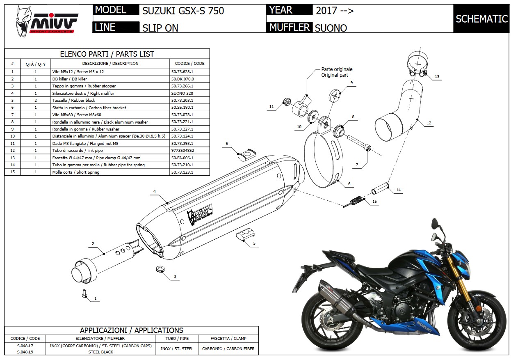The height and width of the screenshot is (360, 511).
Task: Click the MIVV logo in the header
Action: (x=46, y=20)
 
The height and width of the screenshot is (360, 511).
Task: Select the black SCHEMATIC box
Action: (x=481, y=19)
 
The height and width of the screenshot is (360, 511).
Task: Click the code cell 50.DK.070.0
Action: (x=183, y=79)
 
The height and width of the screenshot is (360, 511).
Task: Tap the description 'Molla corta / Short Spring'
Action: (x=76, y=172)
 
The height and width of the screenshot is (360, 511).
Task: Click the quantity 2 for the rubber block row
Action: (x=36, y=100)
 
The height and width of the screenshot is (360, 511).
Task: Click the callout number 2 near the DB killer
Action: (x=93, y=244)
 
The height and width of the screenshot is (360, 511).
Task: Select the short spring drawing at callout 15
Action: (x=354, y=202)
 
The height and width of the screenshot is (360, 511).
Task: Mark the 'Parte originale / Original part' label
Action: (x=336, y=72)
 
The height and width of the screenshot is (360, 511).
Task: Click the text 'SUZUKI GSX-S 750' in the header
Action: (x=183, y=11)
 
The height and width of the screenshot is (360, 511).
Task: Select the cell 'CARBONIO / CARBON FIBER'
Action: (x=228, y=349)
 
